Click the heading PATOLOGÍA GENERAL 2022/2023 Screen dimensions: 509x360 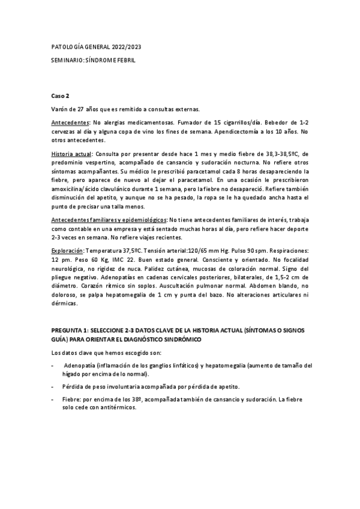click(x=97, y=47)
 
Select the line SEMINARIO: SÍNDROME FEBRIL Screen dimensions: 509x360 click(x=94, y=60)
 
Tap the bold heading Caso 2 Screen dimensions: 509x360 click(x=60, y=96)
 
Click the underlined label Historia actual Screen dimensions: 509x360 click(x=71, y=154)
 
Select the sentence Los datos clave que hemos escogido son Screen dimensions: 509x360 click(x=111, y=352)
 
